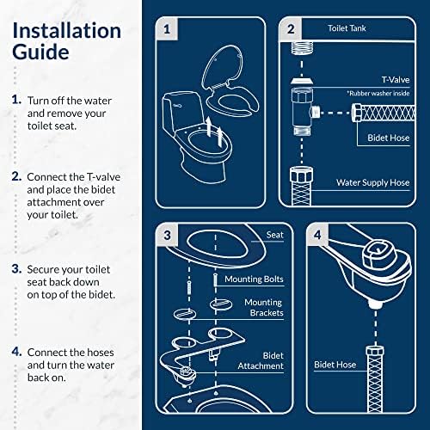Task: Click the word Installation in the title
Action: tap(65, 31)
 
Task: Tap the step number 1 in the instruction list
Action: tap(16, 100)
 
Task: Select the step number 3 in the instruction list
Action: tap(16, 268)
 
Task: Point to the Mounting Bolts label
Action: tap(254, 279)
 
